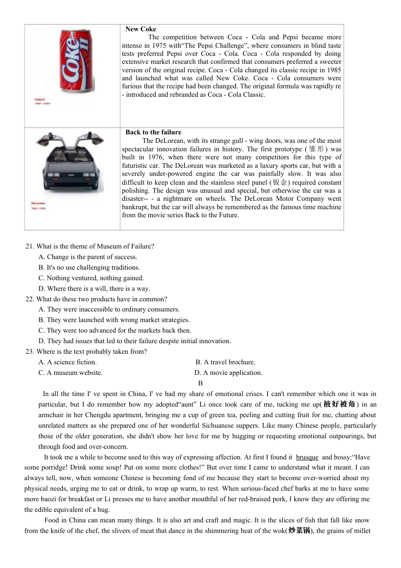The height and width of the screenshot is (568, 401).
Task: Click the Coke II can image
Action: [76, 61]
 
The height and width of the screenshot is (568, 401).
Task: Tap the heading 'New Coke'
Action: [141, 29]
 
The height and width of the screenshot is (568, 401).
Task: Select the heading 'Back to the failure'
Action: [153, 132]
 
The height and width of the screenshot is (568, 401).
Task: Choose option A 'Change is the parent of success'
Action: [88, 257]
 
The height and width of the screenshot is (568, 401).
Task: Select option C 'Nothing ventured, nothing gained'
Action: [91, 278]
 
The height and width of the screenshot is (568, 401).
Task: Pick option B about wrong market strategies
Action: [114, 320]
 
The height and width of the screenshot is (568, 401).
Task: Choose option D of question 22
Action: [135, 341]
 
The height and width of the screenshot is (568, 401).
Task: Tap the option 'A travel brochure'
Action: [225, 362]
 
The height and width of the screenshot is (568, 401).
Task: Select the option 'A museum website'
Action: [70, 373]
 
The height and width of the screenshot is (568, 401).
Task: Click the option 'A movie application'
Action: [228, 373]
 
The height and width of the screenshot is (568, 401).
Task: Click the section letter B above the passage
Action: [200, 383]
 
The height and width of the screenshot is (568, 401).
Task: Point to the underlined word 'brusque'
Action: [307, 457]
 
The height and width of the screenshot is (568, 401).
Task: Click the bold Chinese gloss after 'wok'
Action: [299, 531]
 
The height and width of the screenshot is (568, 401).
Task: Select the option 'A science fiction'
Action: [68, 362]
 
